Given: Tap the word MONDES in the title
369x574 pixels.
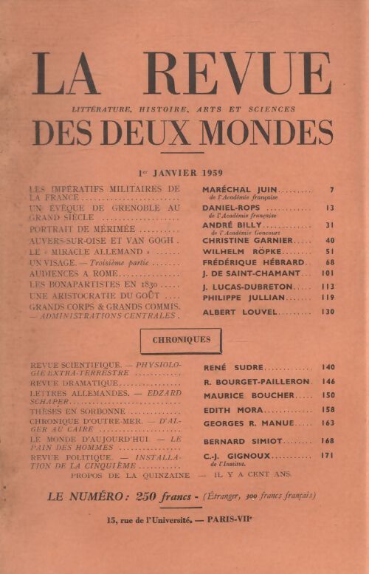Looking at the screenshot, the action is click(x=274, y=133).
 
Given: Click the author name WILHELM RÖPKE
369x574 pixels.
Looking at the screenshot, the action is click(x=240, y=253).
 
